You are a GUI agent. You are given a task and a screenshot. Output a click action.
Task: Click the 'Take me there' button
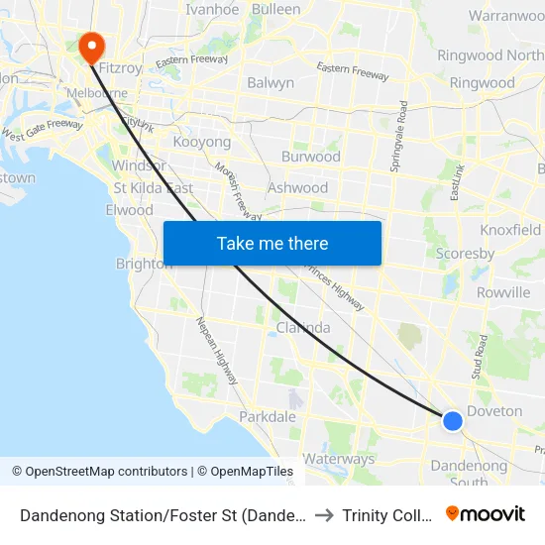pos(272,243)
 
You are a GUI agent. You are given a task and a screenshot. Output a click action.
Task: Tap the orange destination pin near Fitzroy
pos(91,45)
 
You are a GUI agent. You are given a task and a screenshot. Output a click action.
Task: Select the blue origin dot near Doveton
pos(452,420)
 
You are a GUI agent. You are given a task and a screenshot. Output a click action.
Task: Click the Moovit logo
pos(485,514)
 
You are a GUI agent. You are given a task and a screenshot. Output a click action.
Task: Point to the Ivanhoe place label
pos(212,9)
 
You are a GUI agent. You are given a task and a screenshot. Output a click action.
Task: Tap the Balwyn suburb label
pos(271,83)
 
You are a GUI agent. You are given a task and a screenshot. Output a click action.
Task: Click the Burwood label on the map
pos(310,157)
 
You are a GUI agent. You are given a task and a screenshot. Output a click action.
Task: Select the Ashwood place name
pos(297,187)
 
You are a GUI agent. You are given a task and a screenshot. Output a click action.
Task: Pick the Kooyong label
pos(201,143)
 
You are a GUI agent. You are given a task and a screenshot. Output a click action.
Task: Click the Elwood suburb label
pos(130,210)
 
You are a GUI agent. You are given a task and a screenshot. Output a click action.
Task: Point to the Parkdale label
pos(268,416)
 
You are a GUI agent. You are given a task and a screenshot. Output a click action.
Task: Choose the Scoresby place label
pos(465,254)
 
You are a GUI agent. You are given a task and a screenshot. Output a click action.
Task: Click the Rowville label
pos(502,292)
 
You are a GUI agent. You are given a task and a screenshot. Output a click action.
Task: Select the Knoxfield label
pos(510,230)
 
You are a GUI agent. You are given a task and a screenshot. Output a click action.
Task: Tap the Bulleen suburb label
pos(275,9)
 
